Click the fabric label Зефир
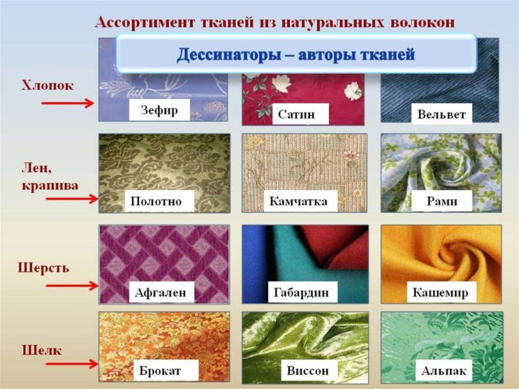click(x=159, y=109)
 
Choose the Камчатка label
click(x=298, y=201)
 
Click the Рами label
click(x=442, y=201)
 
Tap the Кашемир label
click(x=441, y=292)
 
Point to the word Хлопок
click(x=48, y=85)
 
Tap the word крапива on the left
click(x=49, y=185)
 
